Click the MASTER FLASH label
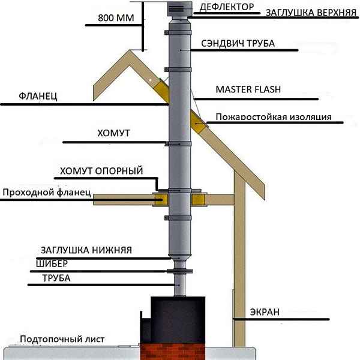pos(248,89)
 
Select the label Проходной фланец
pos(46,193)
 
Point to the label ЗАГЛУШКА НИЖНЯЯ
pos(86,250)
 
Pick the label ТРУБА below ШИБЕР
pos(56,278)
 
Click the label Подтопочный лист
pos(62,340)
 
